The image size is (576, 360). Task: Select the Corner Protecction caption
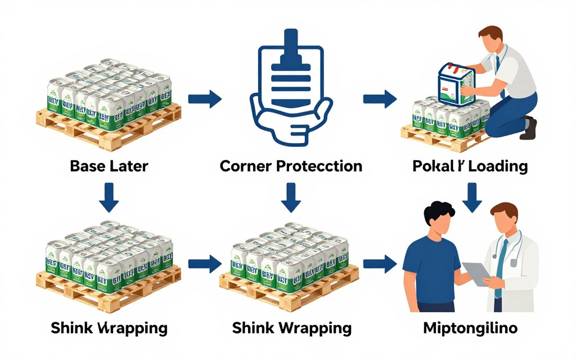291,167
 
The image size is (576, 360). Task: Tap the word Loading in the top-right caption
495,167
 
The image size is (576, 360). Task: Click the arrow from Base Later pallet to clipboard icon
205,99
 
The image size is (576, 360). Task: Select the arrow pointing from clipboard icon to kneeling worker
380,99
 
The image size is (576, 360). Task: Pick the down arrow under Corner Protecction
291,199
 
